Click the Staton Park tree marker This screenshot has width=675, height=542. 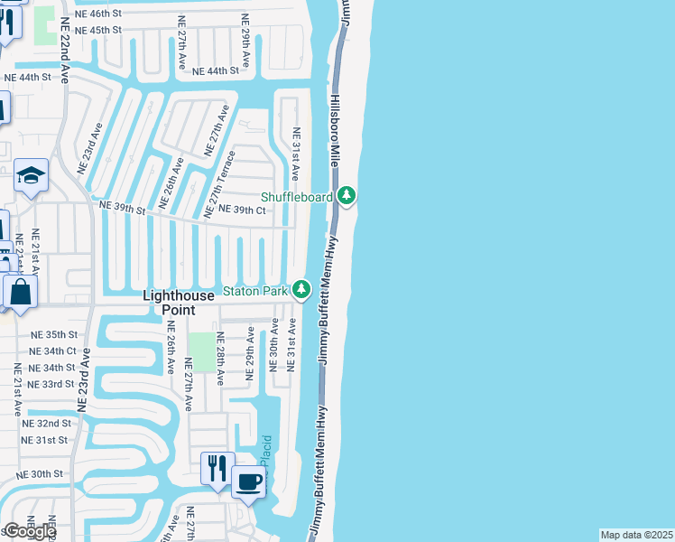pyautogui.click(x=301, y=290)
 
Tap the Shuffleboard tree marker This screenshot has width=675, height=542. pyautogui.click(x=347, y=196)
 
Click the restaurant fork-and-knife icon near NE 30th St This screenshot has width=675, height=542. pyautogui.click(x=217, y=468)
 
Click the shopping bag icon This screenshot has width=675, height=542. pyautogui.click(x=20, y=292)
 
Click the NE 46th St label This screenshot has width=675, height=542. pyautogui.click(x=99, y=13)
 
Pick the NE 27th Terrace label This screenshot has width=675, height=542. pyautogui.click(x=219, y=183)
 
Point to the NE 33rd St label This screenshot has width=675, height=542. pyautogui.click(x=52, y=384)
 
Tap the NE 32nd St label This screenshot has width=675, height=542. pyautogui.click(x=47, y=423)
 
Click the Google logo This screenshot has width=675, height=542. pyautogui.click(x=30, y=531)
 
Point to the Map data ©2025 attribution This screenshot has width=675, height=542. pyautogui.click(x=636, y=535)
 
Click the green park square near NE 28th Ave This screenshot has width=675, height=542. pyautogui.click(x=202, y=351)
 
